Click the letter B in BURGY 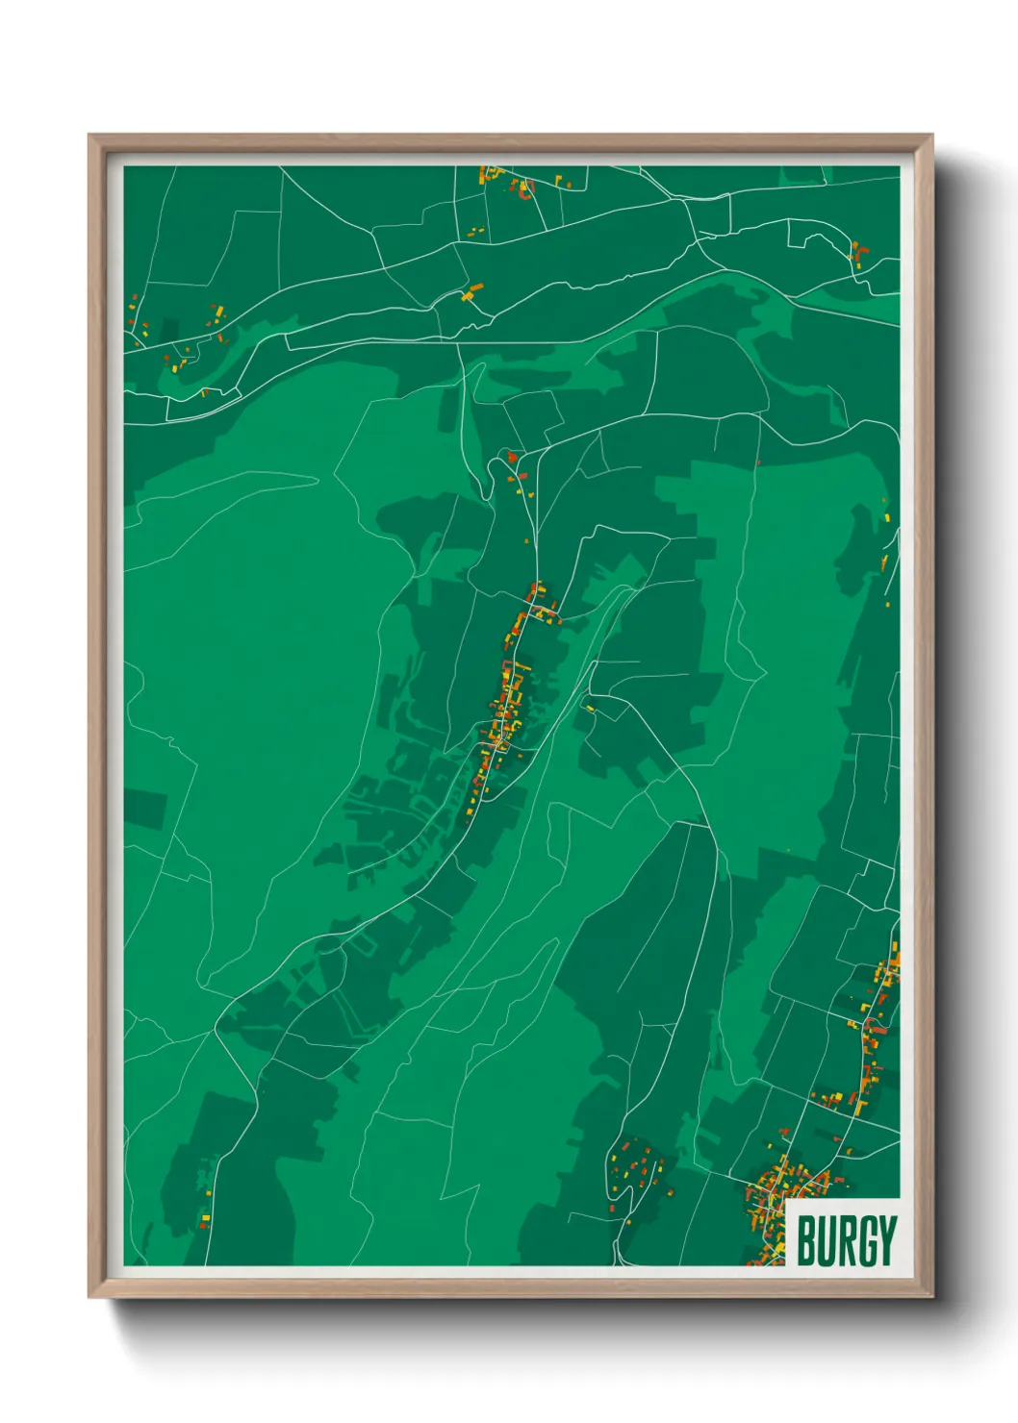pyautogui.click(x=806, y=1240)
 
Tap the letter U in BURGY pyautogui.click(x=827, y=1240)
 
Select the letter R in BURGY pyautogui.click(x=849, y=1240)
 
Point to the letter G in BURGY pyautogui.click(x=870, y=1240)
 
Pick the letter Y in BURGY pyautogui.click(x=889, y=1240)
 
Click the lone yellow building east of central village pyautogui.click(x=590, y=709)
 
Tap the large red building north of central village pyautogui.click(x=512, y=457)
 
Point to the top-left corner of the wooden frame pyautogui.click(x=89, y=136)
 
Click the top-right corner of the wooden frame pyautogui.click(x=931, y=136)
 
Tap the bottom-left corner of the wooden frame pyautogui.click(x=89, y=1296)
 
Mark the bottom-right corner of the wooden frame pyautogui.click(x=931, y=1296)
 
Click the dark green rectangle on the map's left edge pyautogui.click(x=144, y=808)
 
